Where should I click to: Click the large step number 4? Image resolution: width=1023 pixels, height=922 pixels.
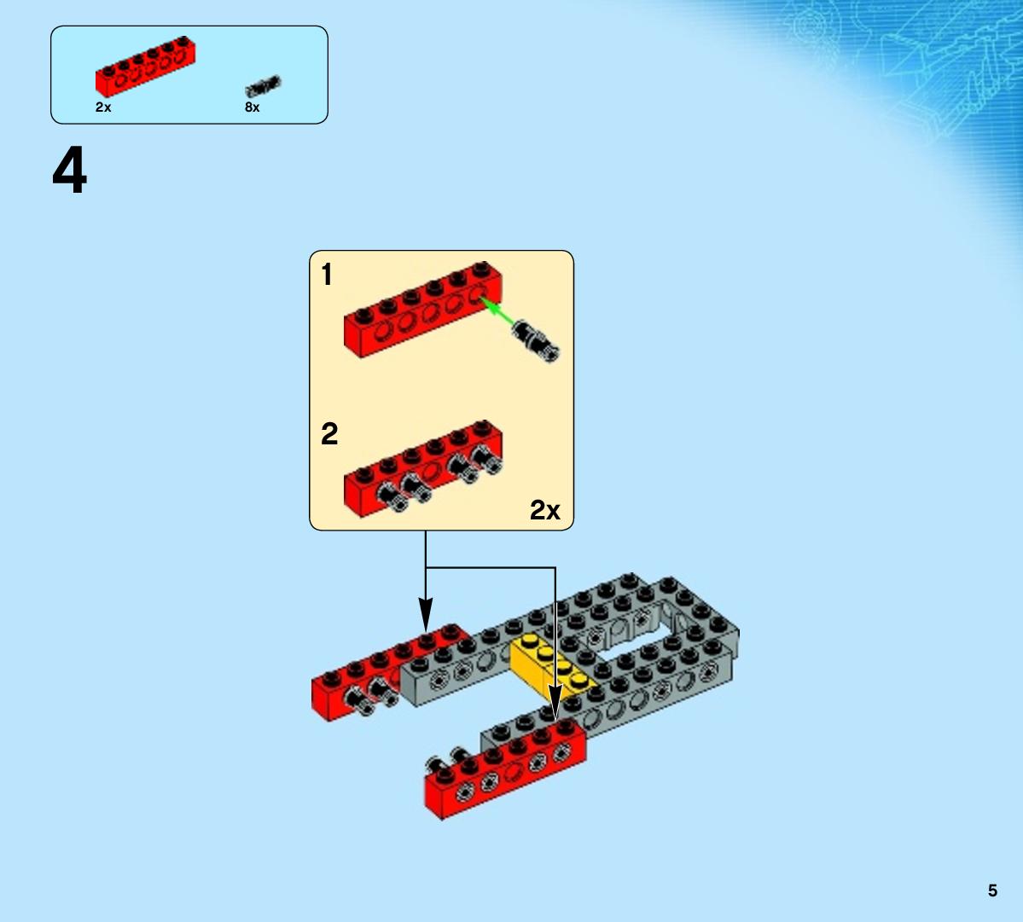(x=69, y=171)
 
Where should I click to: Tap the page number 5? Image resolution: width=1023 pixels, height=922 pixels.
(x=992, y=890)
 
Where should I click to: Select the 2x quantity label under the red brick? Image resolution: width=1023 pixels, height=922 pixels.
(x=103, y=107)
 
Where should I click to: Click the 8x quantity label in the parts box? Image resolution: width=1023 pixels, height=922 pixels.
(x=253, y=107)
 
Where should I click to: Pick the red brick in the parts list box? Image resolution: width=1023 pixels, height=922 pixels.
(x=146, y=67)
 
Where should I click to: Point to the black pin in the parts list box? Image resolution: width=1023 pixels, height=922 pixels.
(x=263, y=86)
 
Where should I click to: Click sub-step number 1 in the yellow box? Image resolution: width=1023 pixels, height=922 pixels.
(x=327, y=275)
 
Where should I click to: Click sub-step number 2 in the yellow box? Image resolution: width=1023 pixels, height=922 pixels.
(x=329, y=433)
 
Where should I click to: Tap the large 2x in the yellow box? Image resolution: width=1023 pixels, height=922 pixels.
(x=544, y=510)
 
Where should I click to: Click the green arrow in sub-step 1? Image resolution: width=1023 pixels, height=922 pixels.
(x=497, y=311)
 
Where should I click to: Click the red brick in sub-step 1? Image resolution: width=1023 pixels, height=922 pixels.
(x=423, y=309)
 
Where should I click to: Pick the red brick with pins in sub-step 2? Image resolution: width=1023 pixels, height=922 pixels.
(x=423, y=468)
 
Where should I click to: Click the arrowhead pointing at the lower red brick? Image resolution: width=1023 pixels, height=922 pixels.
(x=555, y=702)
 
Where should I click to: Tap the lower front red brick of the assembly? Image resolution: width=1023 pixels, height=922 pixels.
(x=505, y=769)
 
